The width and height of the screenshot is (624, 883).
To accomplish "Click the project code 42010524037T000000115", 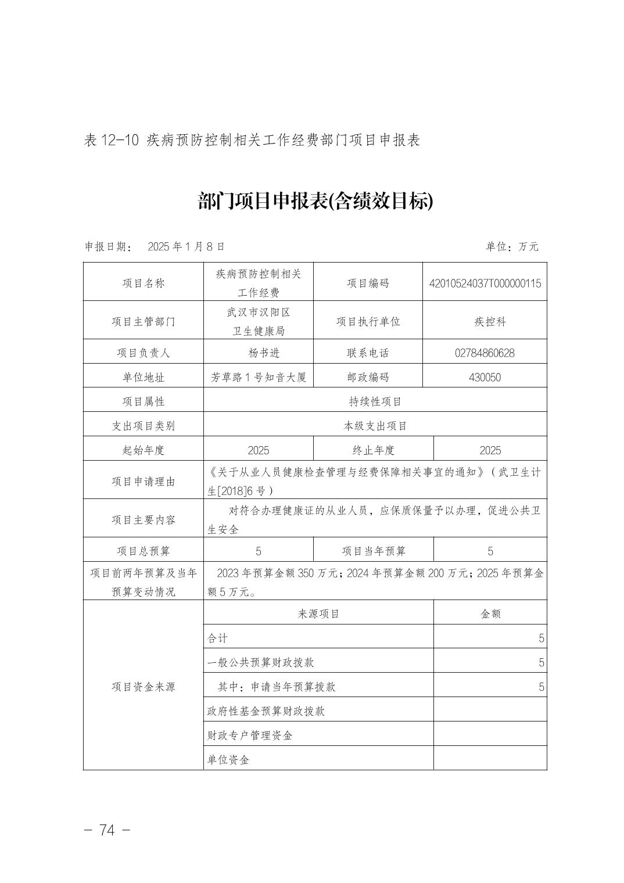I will (485, 283).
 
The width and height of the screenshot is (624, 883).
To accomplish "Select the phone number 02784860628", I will (485, 353).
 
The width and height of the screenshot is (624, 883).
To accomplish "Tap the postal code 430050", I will (485, 377).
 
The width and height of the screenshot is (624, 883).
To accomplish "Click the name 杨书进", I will (258, 353).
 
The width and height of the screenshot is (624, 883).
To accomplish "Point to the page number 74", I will (107, 830).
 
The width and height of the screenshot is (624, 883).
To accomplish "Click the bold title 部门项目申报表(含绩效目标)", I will (315, 202).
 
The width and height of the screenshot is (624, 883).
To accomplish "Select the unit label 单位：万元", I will (512, 246).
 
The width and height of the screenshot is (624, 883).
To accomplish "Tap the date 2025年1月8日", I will (186, 246).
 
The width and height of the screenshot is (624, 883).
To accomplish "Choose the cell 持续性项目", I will (375, 401).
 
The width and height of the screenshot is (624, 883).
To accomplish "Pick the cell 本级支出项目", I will (375, 426).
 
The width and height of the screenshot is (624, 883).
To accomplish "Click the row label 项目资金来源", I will (144, 687).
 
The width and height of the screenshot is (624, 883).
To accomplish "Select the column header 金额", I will (490, 613).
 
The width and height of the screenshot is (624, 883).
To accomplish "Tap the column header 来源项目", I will (318, 613).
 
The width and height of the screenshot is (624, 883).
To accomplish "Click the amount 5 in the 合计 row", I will (541, 638).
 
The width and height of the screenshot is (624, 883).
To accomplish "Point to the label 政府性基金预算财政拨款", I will (266, 711).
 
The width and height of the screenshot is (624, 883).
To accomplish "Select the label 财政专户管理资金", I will (250, 735).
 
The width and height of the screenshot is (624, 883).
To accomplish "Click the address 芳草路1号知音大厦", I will (258, 377).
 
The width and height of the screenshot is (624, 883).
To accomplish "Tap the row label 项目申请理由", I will (144, 482).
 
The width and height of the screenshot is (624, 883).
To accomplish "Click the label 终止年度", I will (373, 450).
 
